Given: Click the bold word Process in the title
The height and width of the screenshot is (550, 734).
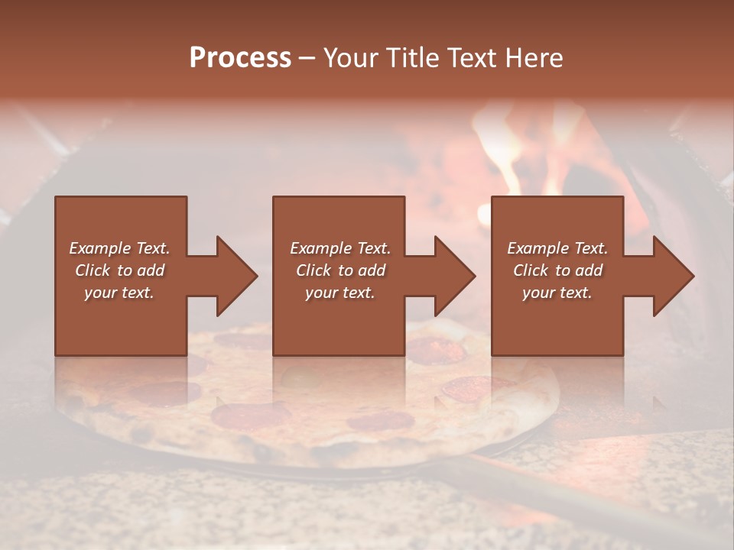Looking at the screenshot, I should click(240, 58).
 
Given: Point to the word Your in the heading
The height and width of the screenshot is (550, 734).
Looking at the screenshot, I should click(350, 58).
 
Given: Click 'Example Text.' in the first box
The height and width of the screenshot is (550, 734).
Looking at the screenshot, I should click(119, 248).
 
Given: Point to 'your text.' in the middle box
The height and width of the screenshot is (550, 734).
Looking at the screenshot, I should click(339, 293).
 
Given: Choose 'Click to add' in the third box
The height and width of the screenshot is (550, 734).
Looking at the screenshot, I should click(557, 270).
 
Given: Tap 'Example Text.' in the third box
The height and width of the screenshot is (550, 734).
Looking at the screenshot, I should click(557, 248).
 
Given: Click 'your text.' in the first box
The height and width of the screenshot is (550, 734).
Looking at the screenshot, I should click(119, 293).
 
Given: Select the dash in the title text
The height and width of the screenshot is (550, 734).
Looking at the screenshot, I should click(307, 58).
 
